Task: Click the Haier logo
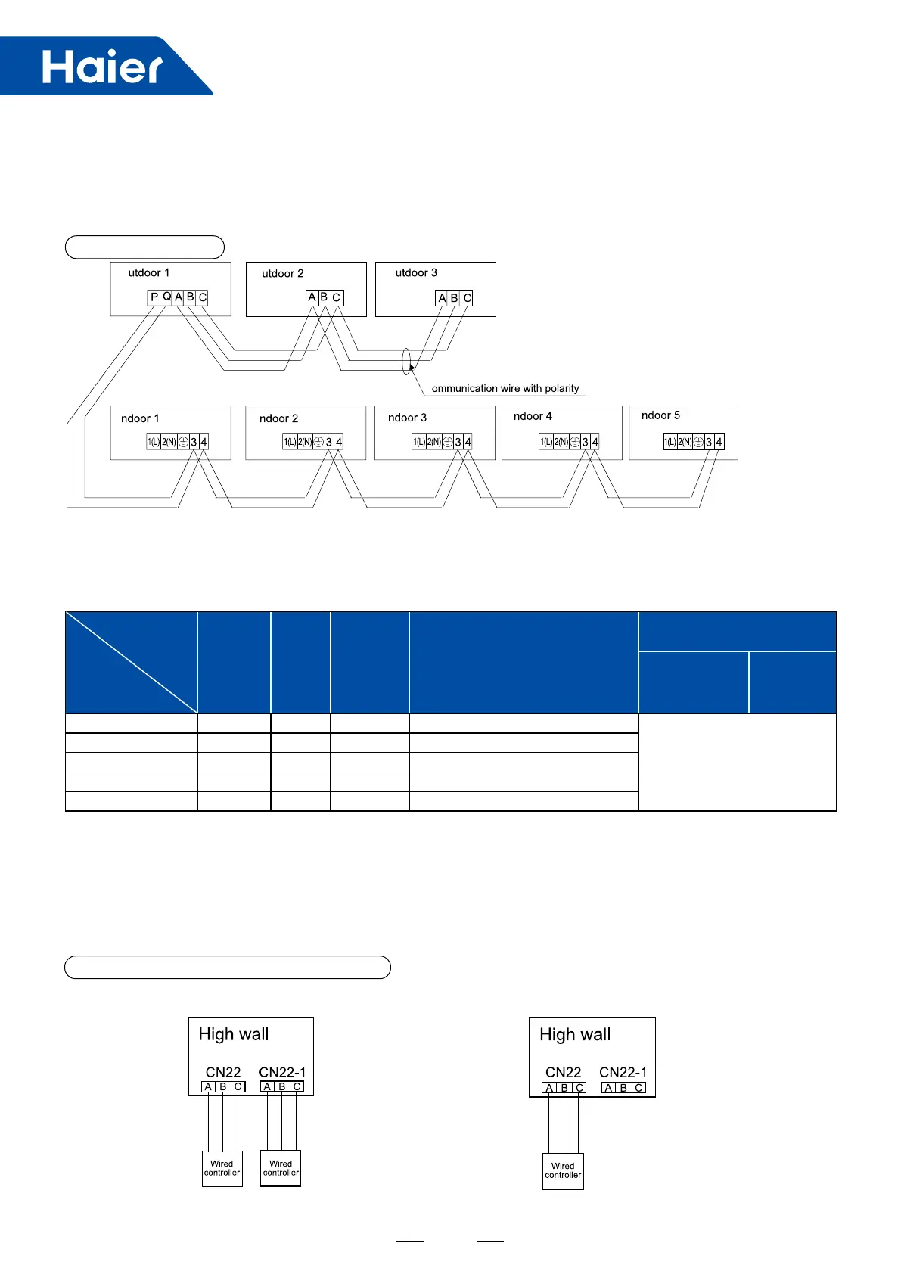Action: (101, 67)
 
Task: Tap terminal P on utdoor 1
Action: (154, 297)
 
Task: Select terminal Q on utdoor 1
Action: (166, 297)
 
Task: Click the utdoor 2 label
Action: (282, 273)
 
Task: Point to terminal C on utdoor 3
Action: (467, 298)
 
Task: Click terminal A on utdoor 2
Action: (311, 298)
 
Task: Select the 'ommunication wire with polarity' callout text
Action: (505, 388)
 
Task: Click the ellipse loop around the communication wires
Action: (406, 361)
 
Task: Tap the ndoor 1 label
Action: (140, 418)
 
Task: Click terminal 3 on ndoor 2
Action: (328, 442)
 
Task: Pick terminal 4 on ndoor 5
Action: (719, 442)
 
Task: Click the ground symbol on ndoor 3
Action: (447, 442)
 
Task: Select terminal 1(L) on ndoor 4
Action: (545, 442)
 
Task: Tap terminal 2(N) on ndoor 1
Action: (169, 442)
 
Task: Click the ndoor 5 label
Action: (660, 415)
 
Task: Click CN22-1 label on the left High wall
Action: (282, 1072)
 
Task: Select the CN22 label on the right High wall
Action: (563, 1072)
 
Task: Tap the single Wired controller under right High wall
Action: (563, 1170)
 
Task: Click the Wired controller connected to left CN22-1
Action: (281, 1168)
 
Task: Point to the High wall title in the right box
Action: (575, 1034)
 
